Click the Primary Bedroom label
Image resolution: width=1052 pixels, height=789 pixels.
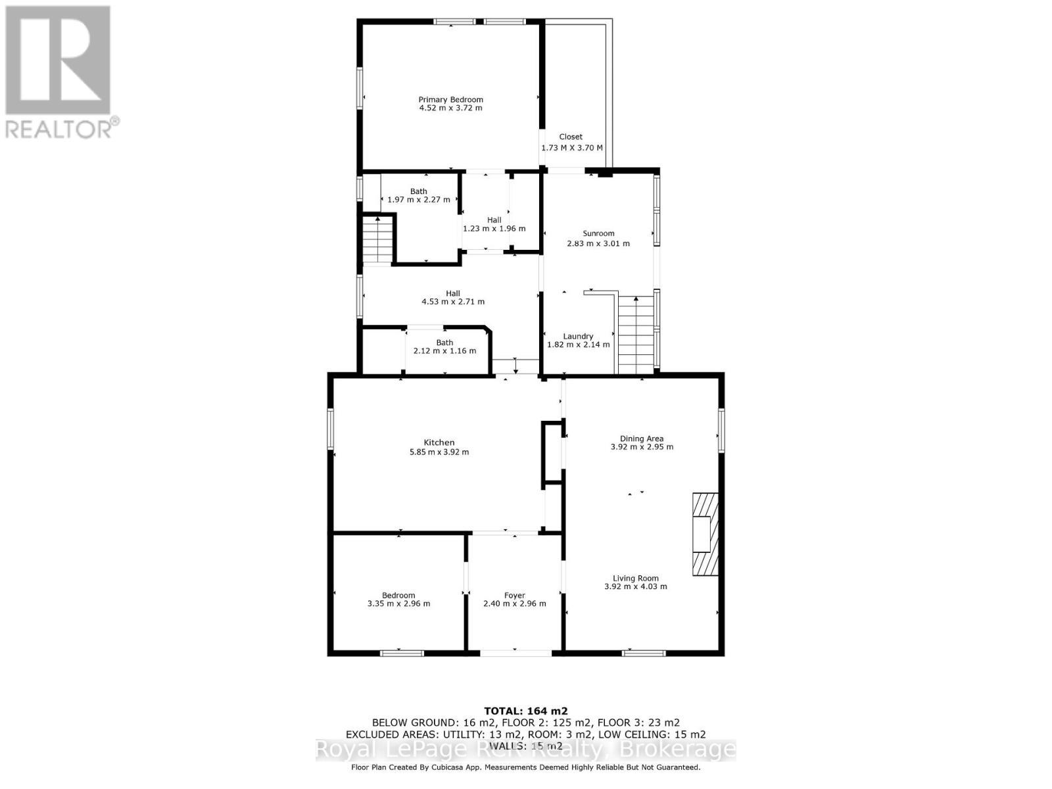pyautogui.click(x=450, y=100)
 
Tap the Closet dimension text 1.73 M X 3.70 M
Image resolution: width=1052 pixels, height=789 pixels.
pyautogui.click(x=571, y=148)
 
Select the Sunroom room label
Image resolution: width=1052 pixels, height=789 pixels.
pyautogui.click(x=598, y=233)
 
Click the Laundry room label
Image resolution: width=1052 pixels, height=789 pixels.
pyautogui.click(x=578, y=336)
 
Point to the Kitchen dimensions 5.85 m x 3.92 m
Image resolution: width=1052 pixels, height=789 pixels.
pyautogui.click(x=439, y=452)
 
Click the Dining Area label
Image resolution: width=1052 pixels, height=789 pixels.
pyautogui.click(x=642, y=439)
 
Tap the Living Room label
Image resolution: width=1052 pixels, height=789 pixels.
pyautogui.click(x=635, y=579)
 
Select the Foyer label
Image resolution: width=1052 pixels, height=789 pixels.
pyautogui.click(x=514, y=596)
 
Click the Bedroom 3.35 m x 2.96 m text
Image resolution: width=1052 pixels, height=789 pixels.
pyautogui.click(x=398, y=604)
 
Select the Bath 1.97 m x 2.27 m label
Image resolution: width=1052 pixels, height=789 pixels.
pyautogui.click(x=419, y=196)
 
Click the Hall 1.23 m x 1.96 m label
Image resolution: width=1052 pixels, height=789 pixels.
pyautogui.click(x=494, y=225)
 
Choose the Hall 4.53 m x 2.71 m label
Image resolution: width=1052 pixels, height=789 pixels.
pyautogui.click(x=453, y=298)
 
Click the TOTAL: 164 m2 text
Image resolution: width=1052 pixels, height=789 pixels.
pyautogui.click(x=525, y=711)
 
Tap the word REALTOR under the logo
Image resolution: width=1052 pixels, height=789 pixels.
pyautogui.click(x=59, y=128)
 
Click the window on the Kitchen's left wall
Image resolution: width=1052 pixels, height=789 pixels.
pyautogui.click(x=331, y=429)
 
